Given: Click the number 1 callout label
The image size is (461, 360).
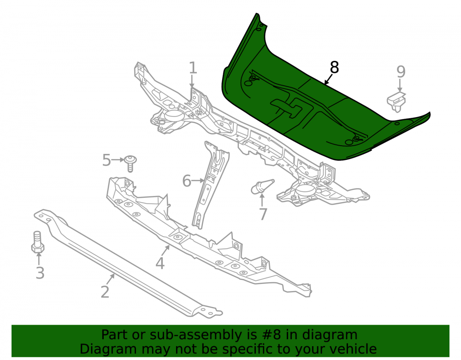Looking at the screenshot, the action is [x=193, y=68].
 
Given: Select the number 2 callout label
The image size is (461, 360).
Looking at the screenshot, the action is [x=105, y=292].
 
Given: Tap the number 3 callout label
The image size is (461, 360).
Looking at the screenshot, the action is [x=40, y=273].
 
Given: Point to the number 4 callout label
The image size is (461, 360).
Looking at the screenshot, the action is [x=160, y=263].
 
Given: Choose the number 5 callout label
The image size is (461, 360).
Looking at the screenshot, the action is [x=106, y=160].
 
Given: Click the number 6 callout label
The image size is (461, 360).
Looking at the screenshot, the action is [x=187, y=181].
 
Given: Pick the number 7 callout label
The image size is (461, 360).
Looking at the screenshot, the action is [x=263, y=214].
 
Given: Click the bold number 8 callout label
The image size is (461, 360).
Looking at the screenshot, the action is [x=334, y=67].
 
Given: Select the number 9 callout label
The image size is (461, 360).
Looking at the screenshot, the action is [x=401, y=71].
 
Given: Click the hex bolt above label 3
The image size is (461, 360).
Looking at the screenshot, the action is [x=38, y=242].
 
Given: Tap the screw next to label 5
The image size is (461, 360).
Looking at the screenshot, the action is [x=130, y=163].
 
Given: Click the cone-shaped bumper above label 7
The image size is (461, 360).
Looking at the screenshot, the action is [x=262, y=186].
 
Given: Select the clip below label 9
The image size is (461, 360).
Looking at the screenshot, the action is [x=396, y=101].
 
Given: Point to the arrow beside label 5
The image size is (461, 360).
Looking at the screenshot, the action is [x=118, y=160].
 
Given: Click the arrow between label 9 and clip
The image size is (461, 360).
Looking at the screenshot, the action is [x=400, y=85].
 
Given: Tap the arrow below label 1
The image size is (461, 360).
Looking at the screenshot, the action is [x=192, y=81].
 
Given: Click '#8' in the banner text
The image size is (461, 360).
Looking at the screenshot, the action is [x=269, y=335].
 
